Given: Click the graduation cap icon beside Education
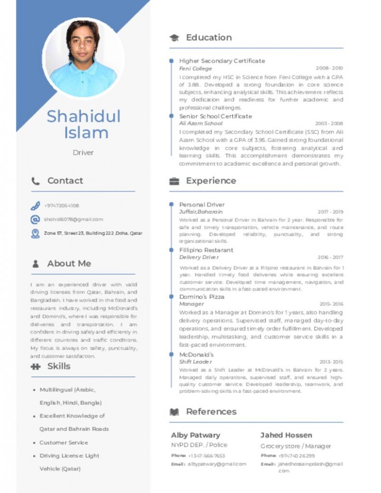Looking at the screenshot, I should [x=174, y=38].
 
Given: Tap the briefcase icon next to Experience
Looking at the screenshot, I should [x=174, y=181].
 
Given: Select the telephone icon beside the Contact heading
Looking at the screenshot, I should [x=36, y=181].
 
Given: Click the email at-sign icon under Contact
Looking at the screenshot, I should [x=35, y=219].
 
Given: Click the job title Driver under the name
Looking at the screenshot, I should [x=83, y=153].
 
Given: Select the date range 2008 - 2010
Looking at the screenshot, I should [x=329, y=68].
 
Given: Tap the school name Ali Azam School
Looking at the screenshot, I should [x=201, y=123].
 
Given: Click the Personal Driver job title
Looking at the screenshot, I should [x=202, y=204].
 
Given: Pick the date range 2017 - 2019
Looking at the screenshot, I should [x=330, y=212].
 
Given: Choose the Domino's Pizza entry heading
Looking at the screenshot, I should [x=201, y=297].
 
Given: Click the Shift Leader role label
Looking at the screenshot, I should [x=195, y=362].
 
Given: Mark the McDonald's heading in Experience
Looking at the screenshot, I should [x=196, y=355].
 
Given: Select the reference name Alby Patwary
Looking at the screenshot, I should [x=195, y=435].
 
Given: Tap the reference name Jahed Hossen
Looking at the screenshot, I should [x=286, y=435].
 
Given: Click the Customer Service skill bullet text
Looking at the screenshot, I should [x=63, y=442].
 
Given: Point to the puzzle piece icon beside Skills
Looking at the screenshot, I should [x=35, y=367].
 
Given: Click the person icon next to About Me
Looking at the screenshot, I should [x=35, y=264].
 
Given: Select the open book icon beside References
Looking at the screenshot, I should [x=174, y=412].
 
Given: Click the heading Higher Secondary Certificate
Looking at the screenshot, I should [x=222, y=61].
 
